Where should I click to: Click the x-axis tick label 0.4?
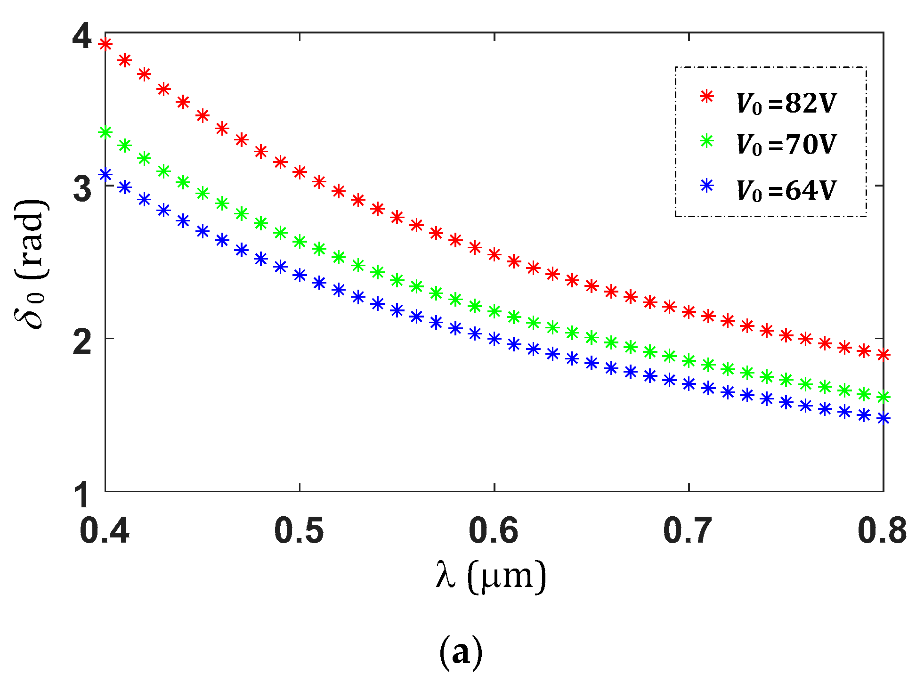pyautogui.click(x=104, y=531)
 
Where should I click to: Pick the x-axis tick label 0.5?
pyautogui.click(x=299, y=531)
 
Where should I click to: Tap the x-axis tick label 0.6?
pyautogui.click(x=494, y=531)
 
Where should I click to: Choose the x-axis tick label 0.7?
pyautogui.click(x=688, y=531)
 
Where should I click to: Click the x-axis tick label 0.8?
pyautogui.click(x=882, y=531)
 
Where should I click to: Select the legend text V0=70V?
pyautogui.click(x=786, y=145)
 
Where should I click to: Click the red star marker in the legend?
pyautogui.click(x=707, y=97)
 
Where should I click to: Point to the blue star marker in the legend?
pyautogui.click(x=707, y=186)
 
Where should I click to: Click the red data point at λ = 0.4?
pyautogui.click(x=105, y=44)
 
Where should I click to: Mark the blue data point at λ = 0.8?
pyautogui.click(x=884, y=418)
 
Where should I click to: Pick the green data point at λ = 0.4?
pyautogui.click(x=105, y=132)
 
